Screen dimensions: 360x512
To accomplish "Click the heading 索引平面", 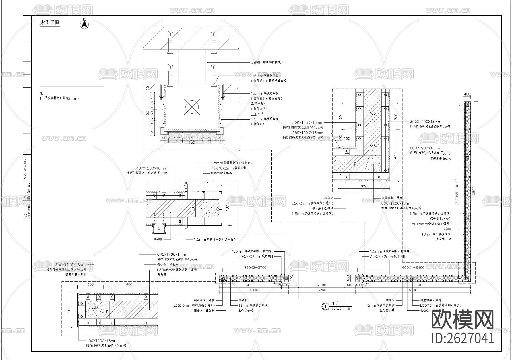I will (50, 23).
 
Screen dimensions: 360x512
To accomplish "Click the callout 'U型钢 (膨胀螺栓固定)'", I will (266, 62).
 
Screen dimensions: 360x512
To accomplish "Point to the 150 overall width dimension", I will (192, 142).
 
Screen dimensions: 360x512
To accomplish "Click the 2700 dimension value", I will (321, 285).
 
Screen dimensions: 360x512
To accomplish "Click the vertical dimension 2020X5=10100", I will (457, 192).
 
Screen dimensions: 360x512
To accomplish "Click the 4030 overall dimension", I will (254, 290).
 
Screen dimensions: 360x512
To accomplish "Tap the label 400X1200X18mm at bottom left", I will (102, 340).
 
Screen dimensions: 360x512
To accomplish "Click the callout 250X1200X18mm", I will (307, 133).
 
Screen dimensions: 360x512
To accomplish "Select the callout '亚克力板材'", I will (259, 104).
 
